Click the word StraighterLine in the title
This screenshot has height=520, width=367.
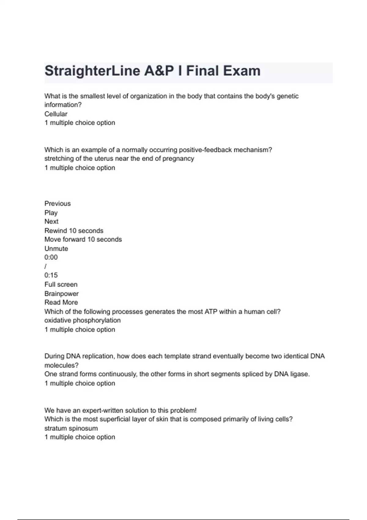tap(92, 71)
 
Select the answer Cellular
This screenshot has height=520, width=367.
tap(56, 114)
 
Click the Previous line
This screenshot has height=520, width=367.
tap(57, 203)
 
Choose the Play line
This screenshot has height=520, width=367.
tap(51, 213)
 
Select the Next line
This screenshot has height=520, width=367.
tap(51, 221)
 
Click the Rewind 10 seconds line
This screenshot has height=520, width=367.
tap(74, 231)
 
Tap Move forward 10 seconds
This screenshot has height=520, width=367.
tap(83, 239)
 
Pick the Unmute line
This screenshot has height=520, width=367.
tap(56, 248)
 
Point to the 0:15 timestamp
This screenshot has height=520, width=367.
tap(51, 275)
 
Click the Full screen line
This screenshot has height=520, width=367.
tap(61, 284)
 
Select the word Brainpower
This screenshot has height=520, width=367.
tap(61, 294)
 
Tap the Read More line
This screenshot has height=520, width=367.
tap(61, 302)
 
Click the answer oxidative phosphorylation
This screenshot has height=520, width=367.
tap(82, 320)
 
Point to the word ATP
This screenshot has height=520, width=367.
tap(211, 312)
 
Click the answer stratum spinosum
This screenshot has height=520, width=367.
tap(71, 428)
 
